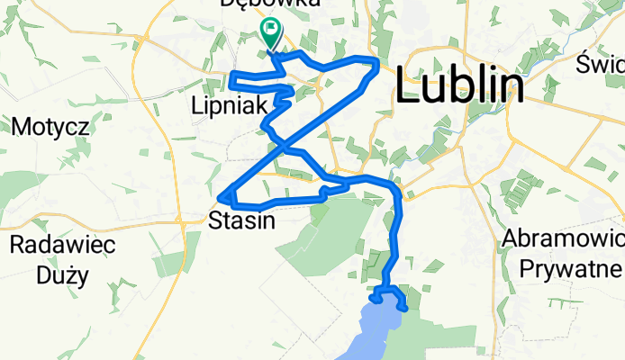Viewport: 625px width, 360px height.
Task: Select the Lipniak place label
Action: [x=230, y=105]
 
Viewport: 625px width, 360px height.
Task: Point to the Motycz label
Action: [x=50, y=126]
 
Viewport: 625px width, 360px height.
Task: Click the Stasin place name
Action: [x=240, y=220]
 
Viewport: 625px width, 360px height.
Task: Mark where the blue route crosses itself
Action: [x=281, y=144]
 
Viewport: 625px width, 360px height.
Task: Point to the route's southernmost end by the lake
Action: [x=405, y=309]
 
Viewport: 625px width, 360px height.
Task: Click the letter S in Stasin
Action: [x=215, y=220]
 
